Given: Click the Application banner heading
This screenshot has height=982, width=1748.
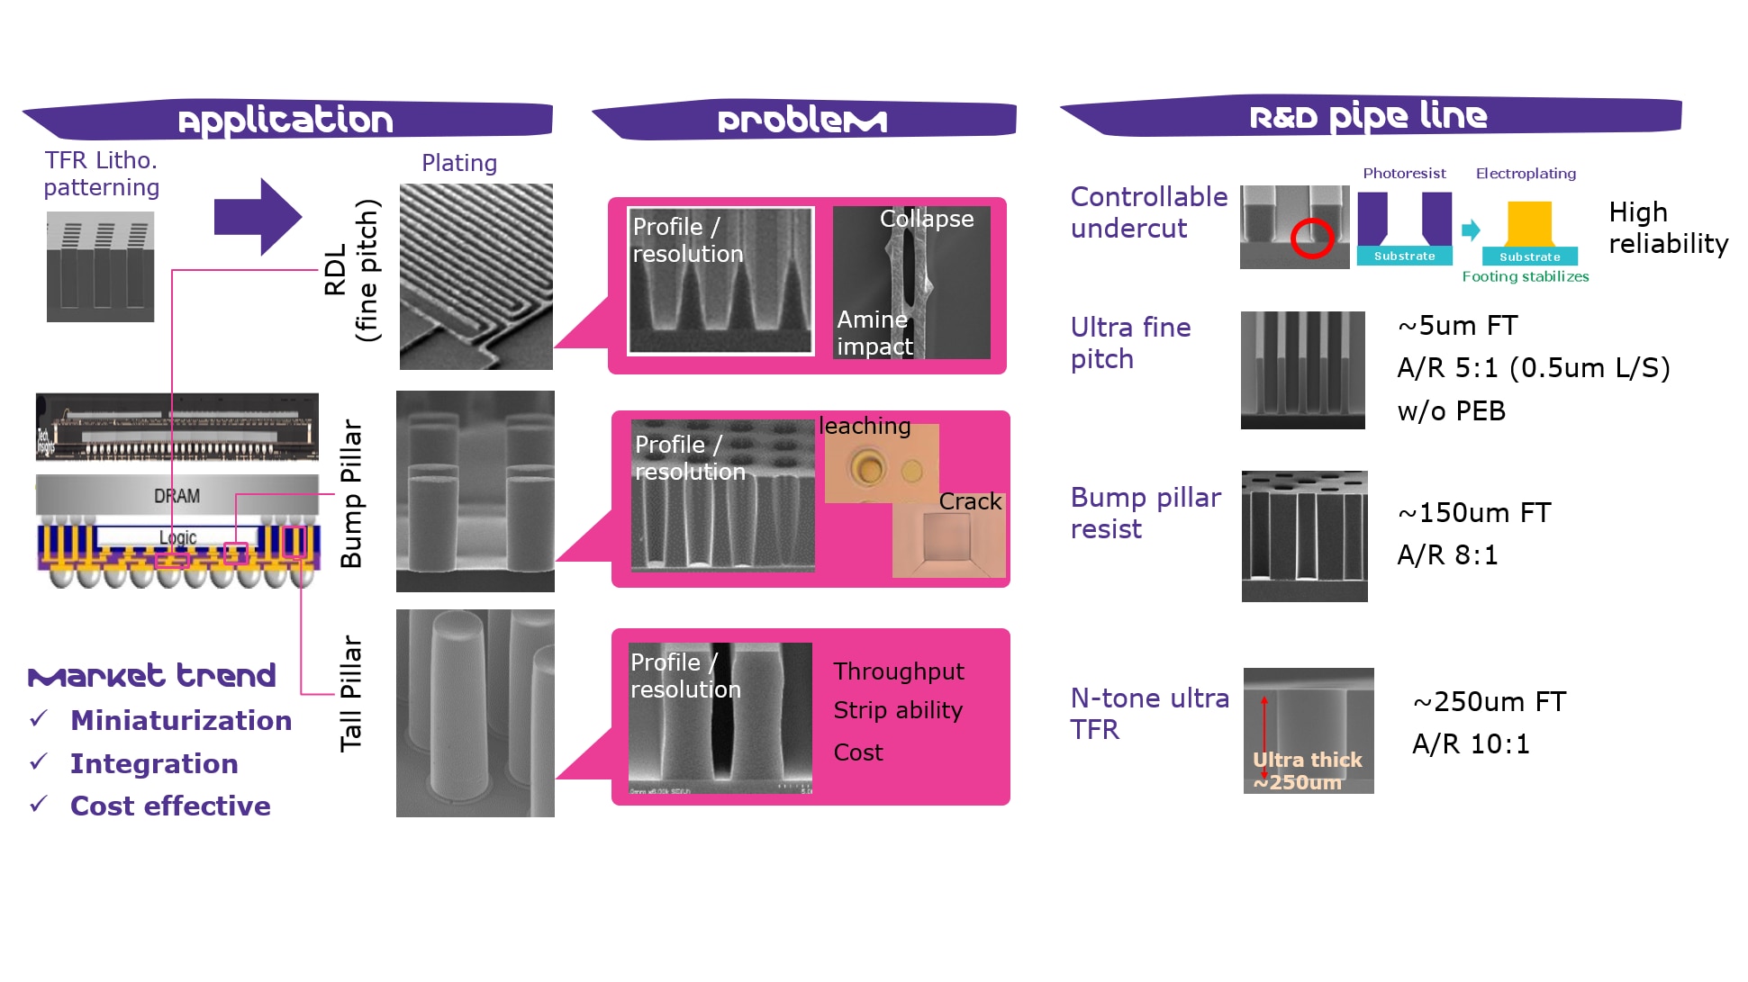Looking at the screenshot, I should [285, 120].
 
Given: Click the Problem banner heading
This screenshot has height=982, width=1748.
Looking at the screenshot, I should [802, 120].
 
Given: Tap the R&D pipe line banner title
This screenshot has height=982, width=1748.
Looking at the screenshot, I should [1368, 116].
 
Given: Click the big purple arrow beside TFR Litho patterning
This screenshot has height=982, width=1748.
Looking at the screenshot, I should [258, 217].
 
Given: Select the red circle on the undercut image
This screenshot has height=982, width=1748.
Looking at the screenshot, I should [1311, 239].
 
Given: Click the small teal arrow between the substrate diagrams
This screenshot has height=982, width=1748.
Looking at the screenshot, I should [1470, 230].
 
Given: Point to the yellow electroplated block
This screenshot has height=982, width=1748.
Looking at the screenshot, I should [1529, 222].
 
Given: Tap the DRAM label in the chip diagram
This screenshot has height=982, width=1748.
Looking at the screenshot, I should [177, 496].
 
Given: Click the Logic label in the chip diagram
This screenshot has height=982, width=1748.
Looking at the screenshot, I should [177, 537].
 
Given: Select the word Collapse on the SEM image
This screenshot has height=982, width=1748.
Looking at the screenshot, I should [926, 219].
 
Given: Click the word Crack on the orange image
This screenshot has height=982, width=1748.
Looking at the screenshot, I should [969, 501].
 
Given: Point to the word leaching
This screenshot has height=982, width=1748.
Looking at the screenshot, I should [865, 426].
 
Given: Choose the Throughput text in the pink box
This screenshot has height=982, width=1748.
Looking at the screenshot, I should [898, 671].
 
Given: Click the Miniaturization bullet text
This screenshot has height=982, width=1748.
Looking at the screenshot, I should [181, 720].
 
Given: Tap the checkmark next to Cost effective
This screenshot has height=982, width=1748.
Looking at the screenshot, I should [39, 804].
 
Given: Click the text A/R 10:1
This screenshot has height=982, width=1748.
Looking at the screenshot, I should [1470, 744].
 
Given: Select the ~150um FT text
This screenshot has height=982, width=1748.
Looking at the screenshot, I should [1473, 513].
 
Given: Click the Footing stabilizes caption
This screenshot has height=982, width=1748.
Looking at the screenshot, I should [1525, 276].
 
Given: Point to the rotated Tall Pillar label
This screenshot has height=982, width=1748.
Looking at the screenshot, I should [350, 693].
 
